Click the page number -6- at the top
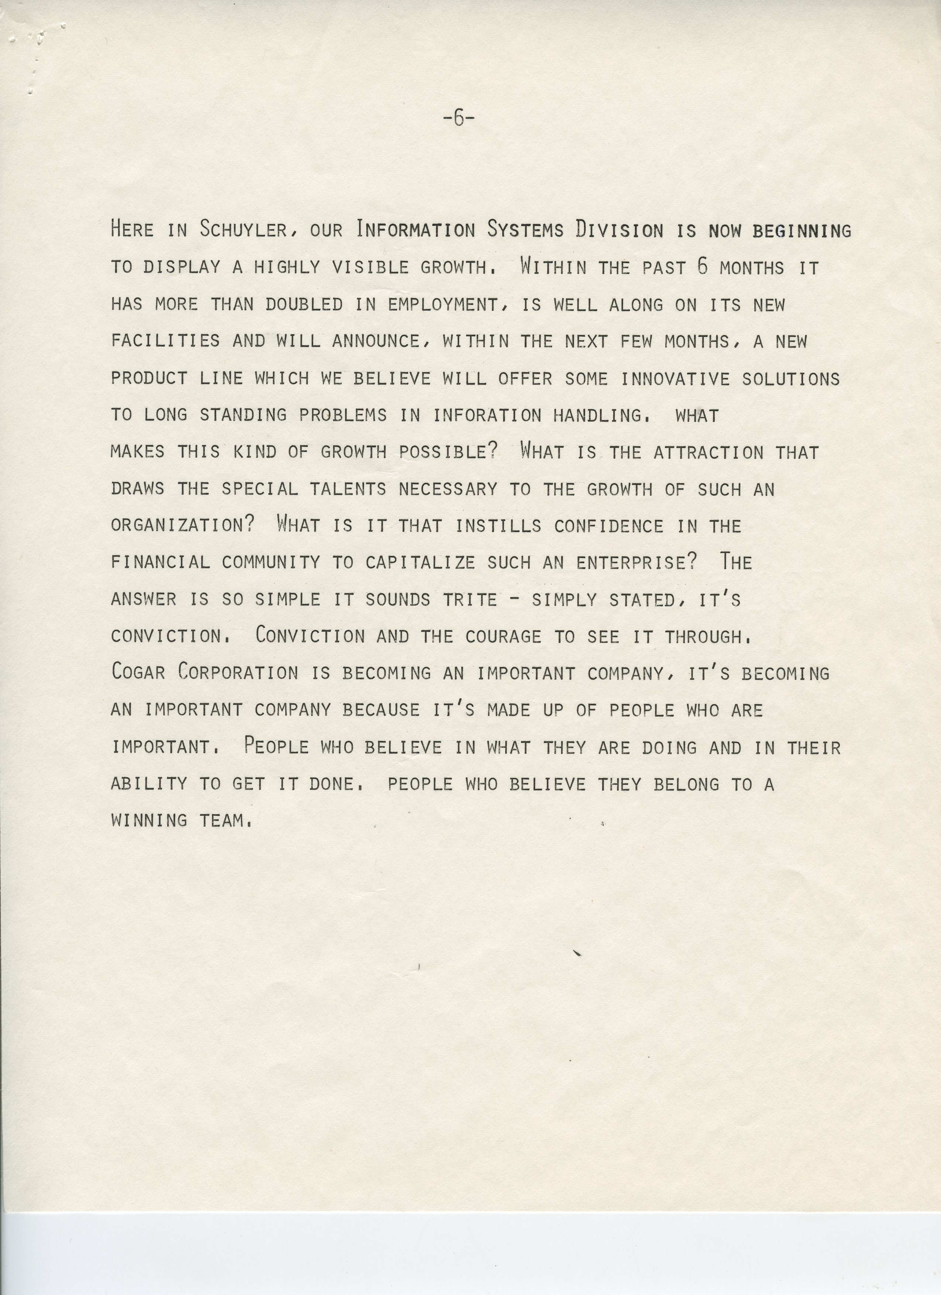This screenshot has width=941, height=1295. tap(458, 119)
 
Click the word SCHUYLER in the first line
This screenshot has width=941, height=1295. tap(243, 230)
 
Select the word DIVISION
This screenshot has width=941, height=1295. tap(619, 230)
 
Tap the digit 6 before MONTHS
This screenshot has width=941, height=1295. tap(702, 267)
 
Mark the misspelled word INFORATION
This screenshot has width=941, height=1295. tap(487, 415)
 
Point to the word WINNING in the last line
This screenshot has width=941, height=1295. tap(149, 820)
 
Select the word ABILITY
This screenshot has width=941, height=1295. tap(148, 783)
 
